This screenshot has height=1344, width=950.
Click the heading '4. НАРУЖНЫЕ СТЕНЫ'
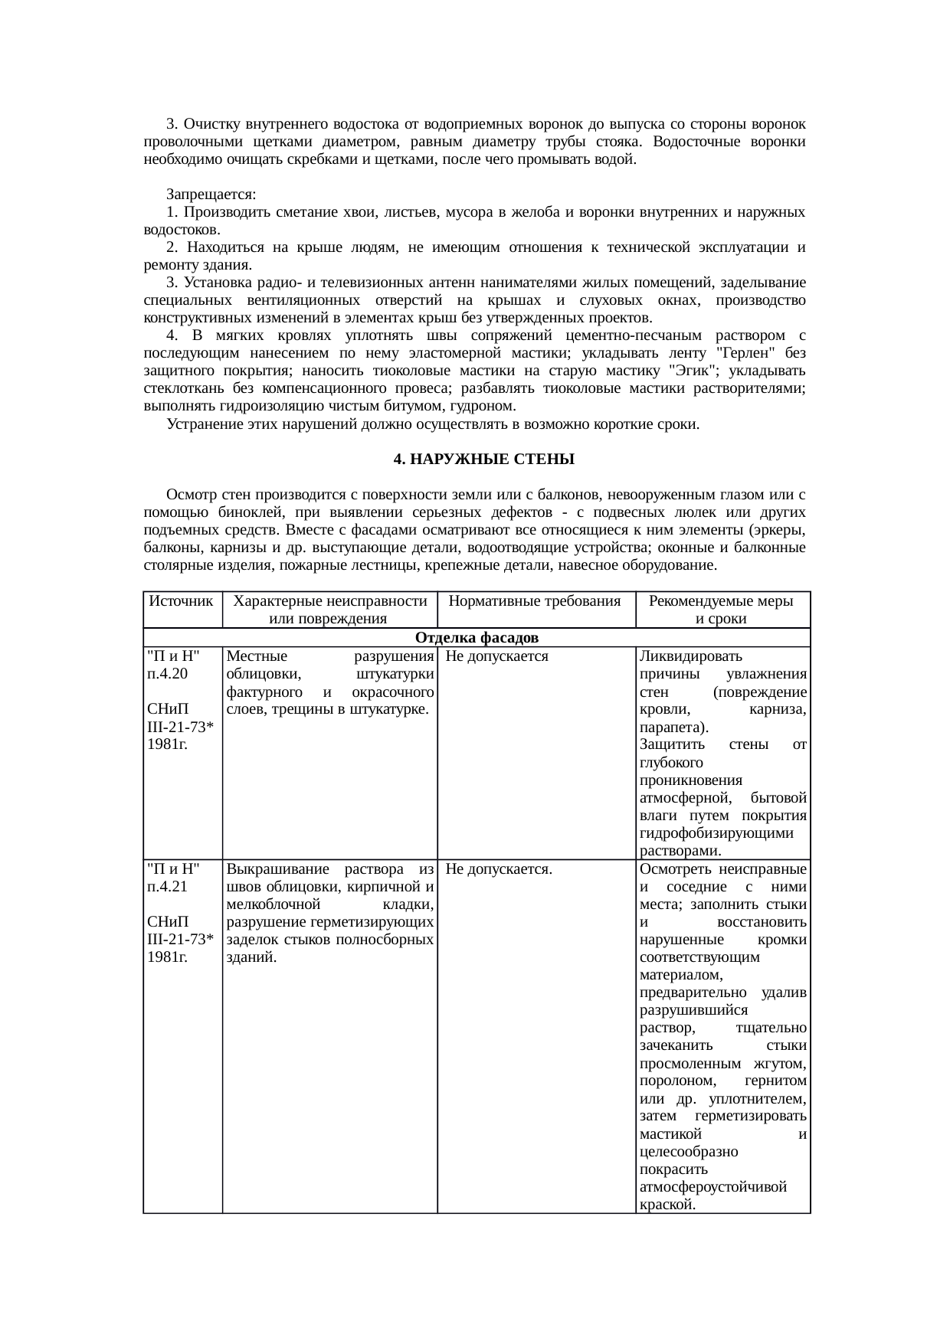click(x=483, y=459)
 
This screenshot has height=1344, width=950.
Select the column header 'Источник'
click(x=182, y=601)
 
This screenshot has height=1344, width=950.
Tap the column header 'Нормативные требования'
click(x=535, y=601)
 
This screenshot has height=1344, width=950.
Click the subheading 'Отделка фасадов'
click(x=476, y=638)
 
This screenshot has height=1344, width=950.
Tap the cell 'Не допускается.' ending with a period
click(x=500, y=869)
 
